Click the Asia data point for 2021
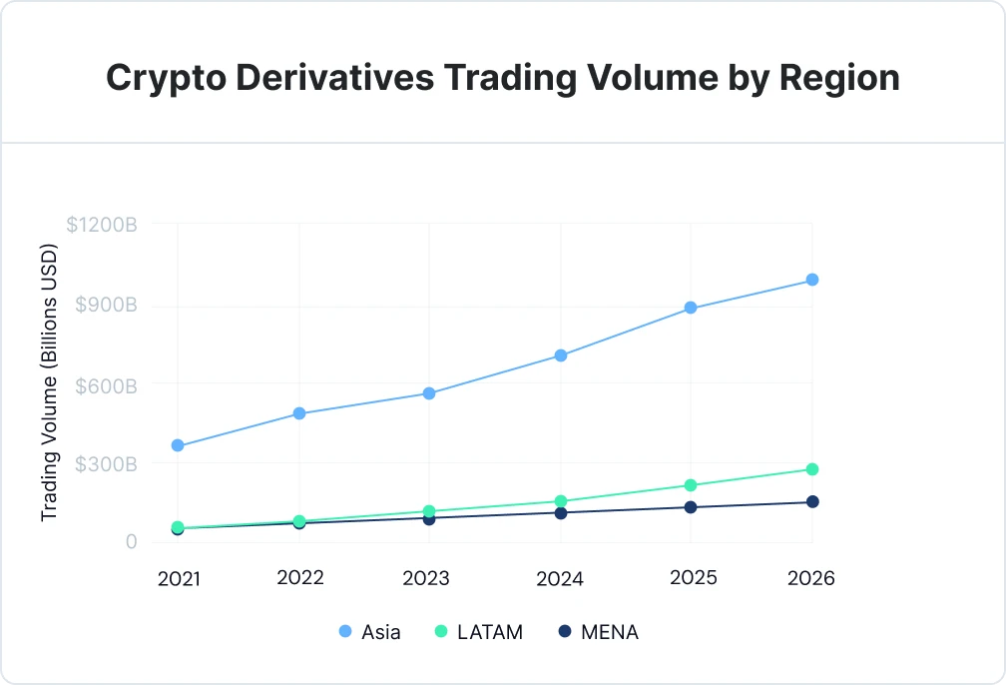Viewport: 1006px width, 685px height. point(178,445)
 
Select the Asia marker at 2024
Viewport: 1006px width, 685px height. point(561,355)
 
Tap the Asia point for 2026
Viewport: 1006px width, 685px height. point(812,280)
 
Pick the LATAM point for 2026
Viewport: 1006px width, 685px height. point(812,469)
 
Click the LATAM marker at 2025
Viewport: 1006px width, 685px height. point(690,485)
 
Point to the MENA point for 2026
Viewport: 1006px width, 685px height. point(812,501)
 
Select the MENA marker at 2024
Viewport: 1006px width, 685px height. point(561,513)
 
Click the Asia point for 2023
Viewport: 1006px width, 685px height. point(429,393)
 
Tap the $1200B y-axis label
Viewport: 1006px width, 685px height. point(102,226)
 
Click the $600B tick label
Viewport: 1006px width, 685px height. point(106,384)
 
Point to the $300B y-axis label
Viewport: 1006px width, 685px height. point(106,463)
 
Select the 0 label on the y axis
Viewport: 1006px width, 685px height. point(130,542)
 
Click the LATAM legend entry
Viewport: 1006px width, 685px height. point(479,632)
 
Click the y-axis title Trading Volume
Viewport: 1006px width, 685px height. point(49,382)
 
